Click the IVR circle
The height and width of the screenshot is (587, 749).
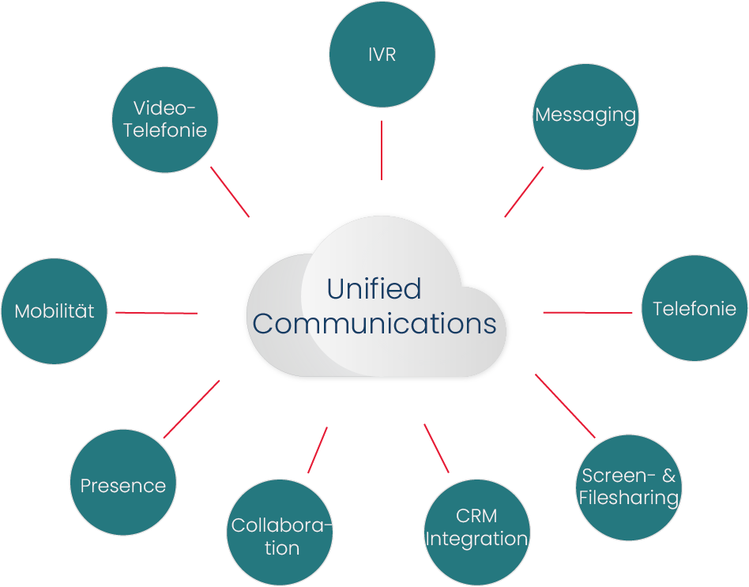pos(382,54)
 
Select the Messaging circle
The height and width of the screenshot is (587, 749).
pos(585,116)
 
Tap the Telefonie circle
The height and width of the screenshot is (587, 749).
pos(694,308)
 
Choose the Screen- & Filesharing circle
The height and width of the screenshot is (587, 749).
pos(628,487)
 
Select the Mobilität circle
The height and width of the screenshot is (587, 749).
pos(54,310)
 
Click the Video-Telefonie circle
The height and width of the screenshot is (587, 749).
pos(164,119)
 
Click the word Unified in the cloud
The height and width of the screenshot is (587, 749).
pos(374,289)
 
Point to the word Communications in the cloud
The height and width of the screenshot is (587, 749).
pos(374,324)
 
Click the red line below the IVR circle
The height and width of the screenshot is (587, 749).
pos(382,150)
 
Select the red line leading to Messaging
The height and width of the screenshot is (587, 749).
pos(524,191)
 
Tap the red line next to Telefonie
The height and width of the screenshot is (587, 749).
pos(587,313)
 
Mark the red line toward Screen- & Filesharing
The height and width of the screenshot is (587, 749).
pos(565,405)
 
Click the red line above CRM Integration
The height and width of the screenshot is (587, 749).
pos(436,448)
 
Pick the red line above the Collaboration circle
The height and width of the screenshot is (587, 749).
pos(318,450)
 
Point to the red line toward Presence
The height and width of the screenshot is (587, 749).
pos(191,408)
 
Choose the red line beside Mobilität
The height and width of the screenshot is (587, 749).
pos(156,313)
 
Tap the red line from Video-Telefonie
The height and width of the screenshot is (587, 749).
pos(230,191)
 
